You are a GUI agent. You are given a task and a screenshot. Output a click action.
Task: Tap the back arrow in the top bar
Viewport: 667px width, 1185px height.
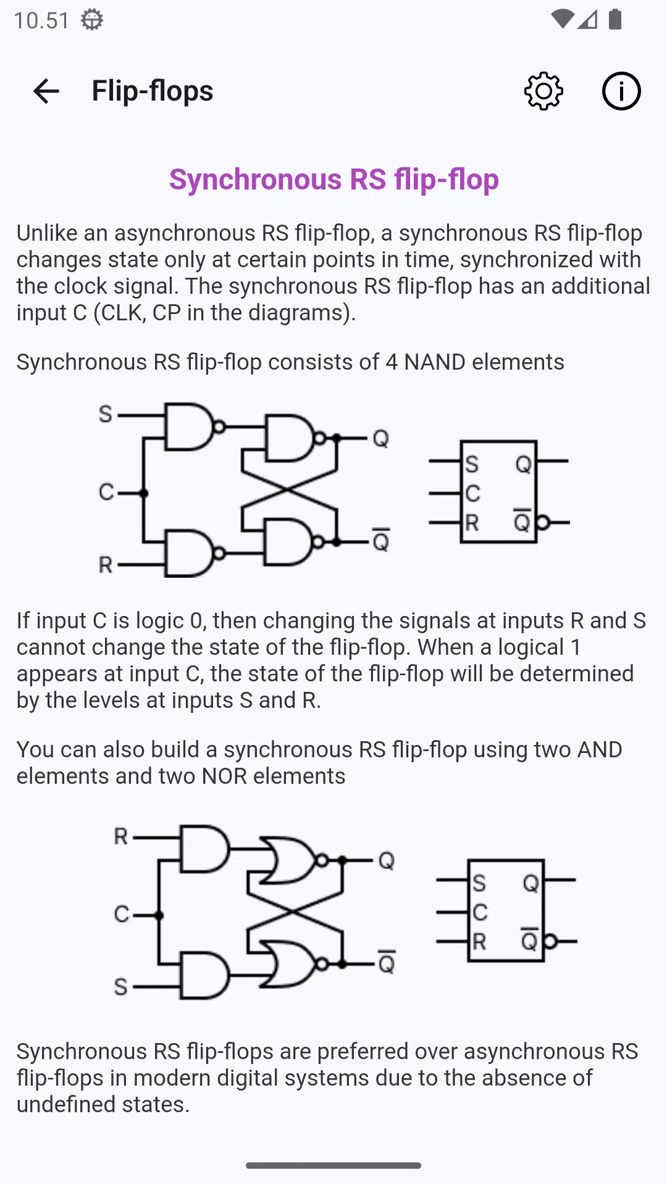[46, 91]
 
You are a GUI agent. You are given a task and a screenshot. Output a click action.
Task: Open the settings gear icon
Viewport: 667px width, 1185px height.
[543, 91]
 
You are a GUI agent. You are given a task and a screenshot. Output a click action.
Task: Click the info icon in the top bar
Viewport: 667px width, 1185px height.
[621, 91]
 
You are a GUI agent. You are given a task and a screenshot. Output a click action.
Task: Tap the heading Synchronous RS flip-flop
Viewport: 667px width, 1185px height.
[334, 180]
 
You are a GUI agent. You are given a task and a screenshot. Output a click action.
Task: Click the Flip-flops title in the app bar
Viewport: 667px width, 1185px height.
[153, 91]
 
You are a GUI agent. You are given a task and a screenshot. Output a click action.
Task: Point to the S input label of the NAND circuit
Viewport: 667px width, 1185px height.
[106, 414]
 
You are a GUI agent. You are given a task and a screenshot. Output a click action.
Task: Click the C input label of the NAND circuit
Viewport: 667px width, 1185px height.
[106, 492]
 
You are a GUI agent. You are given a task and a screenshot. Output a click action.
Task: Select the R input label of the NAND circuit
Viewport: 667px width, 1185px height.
[106, 564]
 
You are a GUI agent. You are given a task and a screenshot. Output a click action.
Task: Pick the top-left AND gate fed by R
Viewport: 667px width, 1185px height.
[204, 849]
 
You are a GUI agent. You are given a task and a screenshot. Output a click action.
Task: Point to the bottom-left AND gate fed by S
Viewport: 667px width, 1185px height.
[204, 976]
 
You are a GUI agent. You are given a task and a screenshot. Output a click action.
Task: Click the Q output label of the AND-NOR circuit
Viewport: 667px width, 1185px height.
[387, 860]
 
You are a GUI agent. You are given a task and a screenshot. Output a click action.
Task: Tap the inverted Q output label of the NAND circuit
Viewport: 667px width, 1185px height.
[381, 540]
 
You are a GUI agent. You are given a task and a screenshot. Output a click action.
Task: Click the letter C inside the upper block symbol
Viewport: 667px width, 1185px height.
[472, 493]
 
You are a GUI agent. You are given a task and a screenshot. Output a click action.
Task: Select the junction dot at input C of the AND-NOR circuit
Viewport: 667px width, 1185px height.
[159, 915]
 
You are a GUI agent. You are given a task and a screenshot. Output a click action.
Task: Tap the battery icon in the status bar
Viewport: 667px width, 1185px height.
[615, 19]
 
